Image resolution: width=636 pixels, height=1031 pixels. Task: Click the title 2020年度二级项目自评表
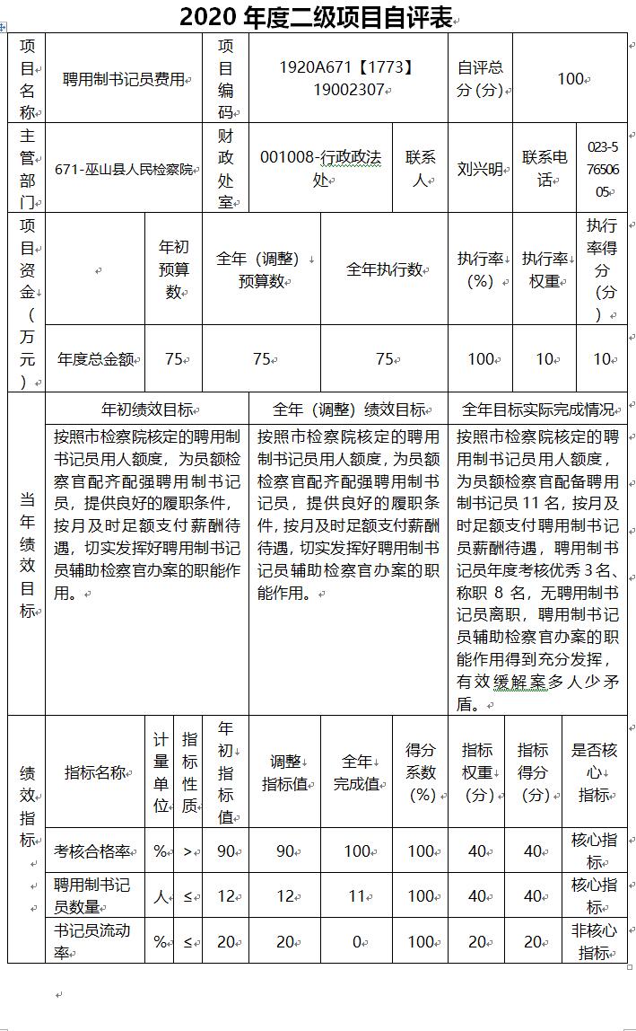click(x=316, y=17)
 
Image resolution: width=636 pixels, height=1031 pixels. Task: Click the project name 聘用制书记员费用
click(x=123, y=79)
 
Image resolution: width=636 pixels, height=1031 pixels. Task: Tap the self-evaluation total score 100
click(x=571, y=79)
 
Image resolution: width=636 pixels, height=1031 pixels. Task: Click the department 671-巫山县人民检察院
click(x=124, y=169)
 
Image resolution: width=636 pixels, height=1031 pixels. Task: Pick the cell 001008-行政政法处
click(x=319, y=168)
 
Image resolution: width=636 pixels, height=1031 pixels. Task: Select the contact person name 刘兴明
click(x=479, y=169)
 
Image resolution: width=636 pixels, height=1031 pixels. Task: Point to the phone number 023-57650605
click(x=602, y=169)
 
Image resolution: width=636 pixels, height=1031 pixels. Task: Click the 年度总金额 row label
click(x=95, y=359)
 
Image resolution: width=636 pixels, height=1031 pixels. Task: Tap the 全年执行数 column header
click(x=384, y=269)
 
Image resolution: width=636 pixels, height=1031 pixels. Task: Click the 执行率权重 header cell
click(x=545, y=269)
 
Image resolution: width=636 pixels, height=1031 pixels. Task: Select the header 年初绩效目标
click(x=147, y=410)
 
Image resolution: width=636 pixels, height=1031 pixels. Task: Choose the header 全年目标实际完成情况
click(x=537, y=410)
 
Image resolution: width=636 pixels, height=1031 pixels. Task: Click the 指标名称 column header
click(x=95, y=772)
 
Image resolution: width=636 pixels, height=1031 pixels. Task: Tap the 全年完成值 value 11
click(x=357, y=895)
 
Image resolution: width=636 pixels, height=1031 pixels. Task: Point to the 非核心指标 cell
click(x=594, y=940)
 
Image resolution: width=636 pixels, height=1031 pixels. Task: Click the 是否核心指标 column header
click(x=594, y=772)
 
